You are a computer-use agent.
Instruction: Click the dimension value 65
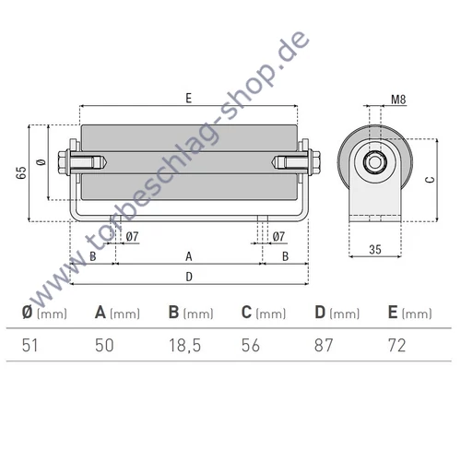tap(20, 172)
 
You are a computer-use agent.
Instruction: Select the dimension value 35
tap(374, 248)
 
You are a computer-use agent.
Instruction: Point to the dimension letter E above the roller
tap(189, 96)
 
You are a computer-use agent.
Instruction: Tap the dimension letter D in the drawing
tap(189, 276)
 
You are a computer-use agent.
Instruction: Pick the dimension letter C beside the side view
tap(430, 182)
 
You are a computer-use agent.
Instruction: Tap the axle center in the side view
tap(375, 163)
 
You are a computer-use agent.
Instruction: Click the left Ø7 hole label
tap(131, 237)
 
